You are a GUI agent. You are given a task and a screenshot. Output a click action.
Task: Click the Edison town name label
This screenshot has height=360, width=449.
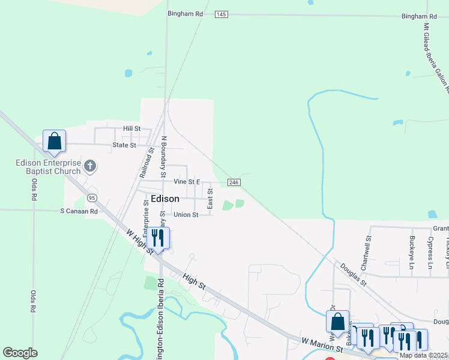[165, 199]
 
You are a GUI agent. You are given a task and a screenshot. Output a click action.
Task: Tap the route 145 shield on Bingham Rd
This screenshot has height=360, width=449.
[221, 14]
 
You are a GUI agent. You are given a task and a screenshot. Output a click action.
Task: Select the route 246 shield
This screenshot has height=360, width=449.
[234, 182]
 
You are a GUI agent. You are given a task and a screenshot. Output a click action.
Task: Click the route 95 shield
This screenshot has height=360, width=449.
[92, 197]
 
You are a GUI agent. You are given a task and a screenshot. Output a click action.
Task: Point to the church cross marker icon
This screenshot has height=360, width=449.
[90, 166]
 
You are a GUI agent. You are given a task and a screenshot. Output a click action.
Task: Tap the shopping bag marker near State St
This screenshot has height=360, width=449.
[54, 142]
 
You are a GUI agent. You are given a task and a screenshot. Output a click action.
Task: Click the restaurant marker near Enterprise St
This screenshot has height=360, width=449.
[158, 238]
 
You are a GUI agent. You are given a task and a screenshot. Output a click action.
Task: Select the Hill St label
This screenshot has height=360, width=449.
[131, 128]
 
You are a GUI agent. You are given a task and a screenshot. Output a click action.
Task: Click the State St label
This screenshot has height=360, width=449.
[125, 145]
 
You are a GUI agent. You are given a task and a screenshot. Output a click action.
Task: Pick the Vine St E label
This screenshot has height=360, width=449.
[187, 181]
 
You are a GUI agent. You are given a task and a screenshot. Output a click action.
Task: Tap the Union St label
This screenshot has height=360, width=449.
[185, 215]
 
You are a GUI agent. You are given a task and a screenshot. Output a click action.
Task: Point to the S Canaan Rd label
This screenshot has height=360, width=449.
[79, 211]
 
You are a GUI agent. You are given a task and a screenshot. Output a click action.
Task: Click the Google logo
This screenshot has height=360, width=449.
[20, 353]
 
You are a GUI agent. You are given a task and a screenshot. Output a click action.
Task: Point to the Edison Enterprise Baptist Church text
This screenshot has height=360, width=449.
[48, 167]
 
